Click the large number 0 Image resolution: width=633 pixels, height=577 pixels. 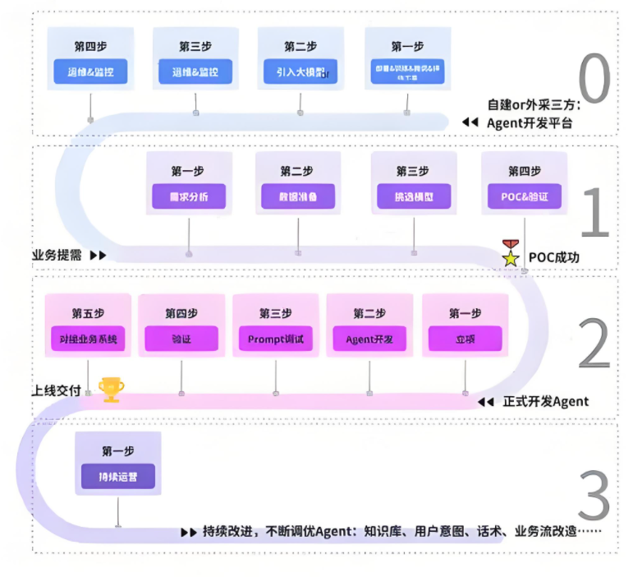[594, 80]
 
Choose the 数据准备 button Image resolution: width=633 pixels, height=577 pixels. [298, 196]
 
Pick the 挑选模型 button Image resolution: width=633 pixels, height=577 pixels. [413, 196]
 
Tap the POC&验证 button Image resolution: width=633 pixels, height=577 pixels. [523, 196]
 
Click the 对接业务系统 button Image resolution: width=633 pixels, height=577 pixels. [87, 338]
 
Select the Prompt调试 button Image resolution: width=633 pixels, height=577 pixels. [275, 338]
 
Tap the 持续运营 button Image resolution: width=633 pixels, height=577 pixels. [118, 477]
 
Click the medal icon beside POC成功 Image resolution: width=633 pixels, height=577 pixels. [511, 253]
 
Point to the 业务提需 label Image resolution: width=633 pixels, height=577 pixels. [57, 255]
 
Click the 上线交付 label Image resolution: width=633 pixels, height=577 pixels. [57, 391]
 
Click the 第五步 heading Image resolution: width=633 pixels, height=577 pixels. [87, 313]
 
